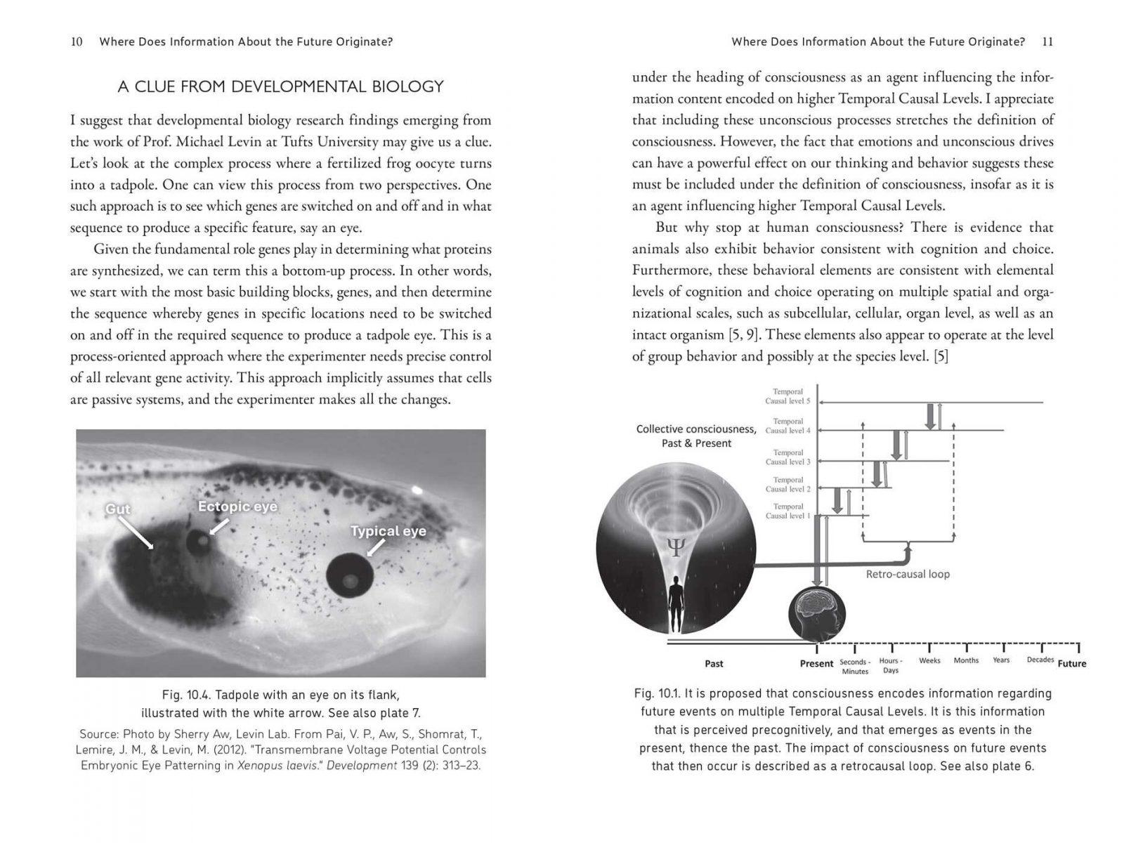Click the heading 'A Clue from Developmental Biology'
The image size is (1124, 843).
[280, 86]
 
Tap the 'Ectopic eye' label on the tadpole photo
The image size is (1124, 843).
[237, 507]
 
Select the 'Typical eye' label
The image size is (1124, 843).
[388, 531]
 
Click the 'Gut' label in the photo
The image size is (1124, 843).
[118, 509]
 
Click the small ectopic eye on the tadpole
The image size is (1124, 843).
[199, 540]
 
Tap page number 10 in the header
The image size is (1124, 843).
[77, 41]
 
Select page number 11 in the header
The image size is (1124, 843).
[1047, 41]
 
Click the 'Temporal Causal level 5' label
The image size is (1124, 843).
[788, 396]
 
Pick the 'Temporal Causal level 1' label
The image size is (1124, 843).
[788, 511]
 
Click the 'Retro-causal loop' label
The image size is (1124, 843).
[908, 574]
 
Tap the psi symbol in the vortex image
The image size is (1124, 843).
[674, 549]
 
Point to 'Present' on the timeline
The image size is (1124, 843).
[816, 663]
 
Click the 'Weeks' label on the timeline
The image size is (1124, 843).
[929, 660]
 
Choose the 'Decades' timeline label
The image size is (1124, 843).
[1040, 660]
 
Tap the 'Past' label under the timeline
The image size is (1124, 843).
[714, 663]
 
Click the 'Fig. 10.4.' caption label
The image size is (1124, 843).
[185, 695]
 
